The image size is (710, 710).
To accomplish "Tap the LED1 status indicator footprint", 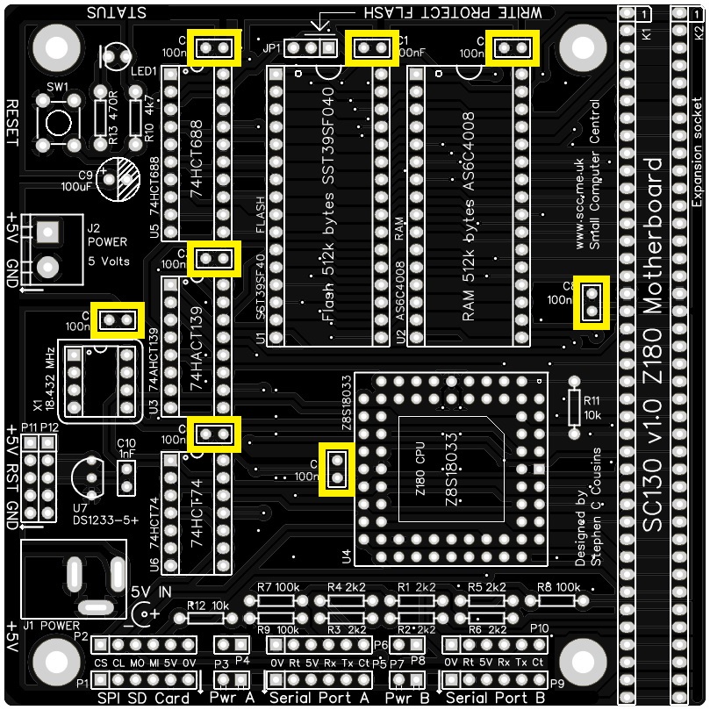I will [x=114, y=58].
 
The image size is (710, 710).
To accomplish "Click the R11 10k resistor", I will [x=574, y=405].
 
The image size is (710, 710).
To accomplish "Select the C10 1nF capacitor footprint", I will [x=126, y=477].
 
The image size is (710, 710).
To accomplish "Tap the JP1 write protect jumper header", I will [x=312, y=47].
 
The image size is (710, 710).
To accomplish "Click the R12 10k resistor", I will [x=208, y=618].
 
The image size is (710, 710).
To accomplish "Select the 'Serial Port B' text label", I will [x=496, y=699].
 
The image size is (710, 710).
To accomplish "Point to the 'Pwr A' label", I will [x=232, y=699].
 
